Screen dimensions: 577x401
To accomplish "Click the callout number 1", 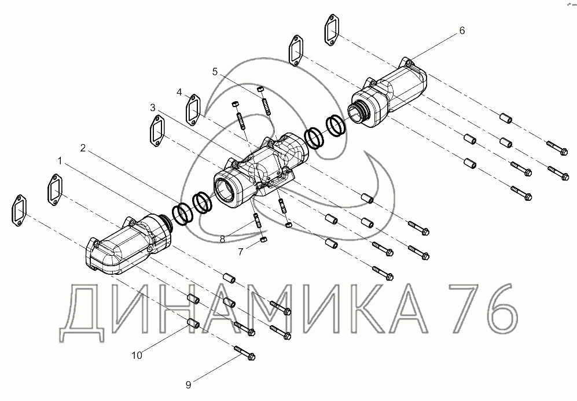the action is click(60, 161).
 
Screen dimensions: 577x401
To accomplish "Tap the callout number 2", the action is click(83, 148).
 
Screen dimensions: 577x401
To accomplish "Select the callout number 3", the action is click(153, 108).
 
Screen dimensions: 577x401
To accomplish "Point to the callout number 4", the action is click(179, 92).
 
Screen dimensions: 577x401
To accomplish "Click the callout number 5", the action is click(215, 72).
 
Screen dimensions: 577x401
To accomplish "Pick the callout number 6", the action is click(462, 31).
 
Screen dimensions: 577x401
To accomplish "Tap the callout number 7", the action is click(241, 252).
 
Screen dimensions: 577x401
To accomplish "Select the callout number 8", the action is click(222, 239).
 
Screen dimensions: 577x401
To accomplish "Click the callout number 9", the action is click(189, 385).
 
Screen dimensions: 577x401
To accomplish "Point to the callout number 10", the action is click(137, 355).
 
